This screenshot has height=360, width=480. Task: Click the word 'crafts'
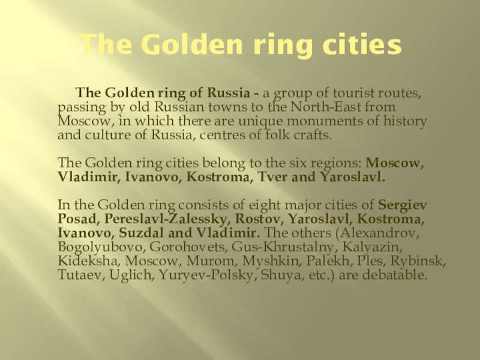pyautogui.click(x=313, y=134)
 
